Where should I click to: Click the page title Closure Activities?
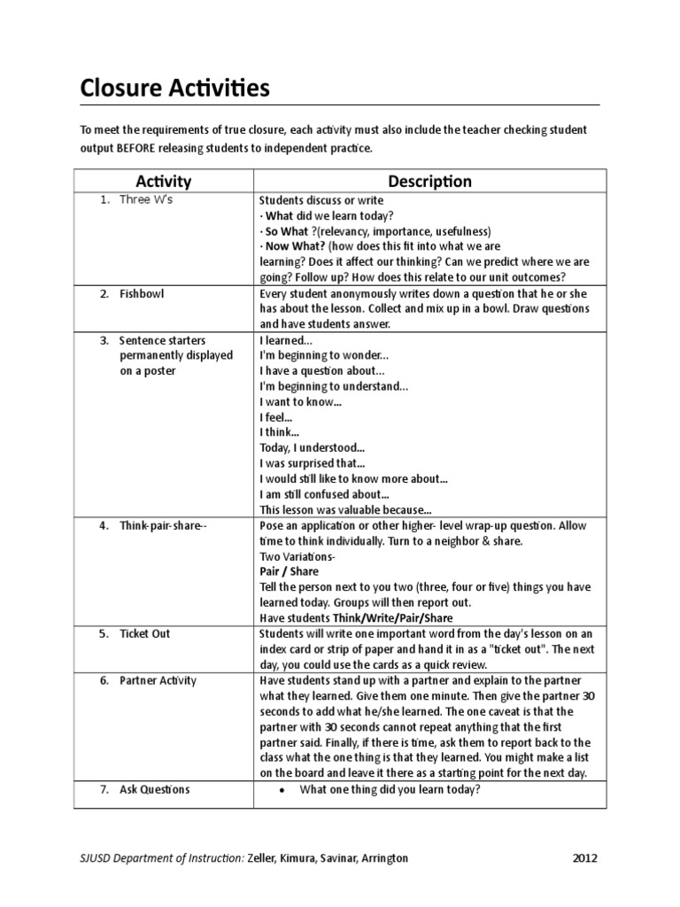pos(174,89)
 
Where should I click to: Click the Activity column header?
pos(164,182)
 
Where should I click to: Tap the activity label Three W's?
pos(148,200)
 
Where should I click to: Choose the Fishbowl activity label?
pos(142,293)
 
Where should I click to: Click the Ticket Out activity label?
pos(145,633)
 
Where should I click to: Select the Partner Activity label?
pos(158,680)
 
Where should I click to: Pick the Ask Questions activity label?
pos(154,789)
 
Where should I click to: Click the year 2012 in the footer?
pos(584,858)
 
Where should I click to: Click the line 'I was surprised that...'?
pos(312,463)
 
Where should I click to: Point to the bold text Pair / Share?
pos(289,572)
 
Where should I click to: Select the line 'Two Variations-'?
pos(297,556)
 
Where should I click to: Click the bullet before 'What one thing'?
pos(282,790)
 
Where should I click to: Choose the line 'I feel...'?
pos(275,417)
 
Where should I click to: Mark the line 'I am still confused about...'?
pos(324,494)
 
